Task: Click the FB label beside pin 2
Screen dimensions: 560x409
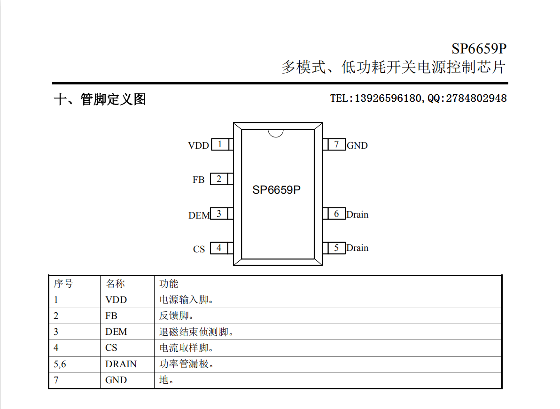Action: (x=199, y=180)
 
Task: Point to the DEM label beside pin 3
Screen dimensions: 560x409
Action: (x=199, y=215)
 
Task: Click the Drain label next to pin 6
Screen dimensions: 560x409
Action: (x=357, y=214)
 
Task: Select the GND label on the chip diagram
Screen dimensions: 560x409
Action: (x=357, y=145)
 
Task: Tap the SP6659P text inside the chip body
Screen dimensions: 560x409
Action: (x=276, y=189)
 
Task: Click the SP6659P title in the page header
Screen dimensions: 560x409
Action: (x=479, y=48)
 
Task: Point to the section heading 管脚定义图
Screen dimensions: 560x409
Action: (x=113, y=99)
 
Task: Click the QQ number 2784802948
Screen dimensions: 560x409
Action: (x=476, y=98)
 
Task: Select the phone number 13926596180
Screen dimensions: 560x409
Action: (x=388, y=98)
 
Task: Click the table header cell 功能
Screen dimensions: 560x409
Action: (x=169, y=283)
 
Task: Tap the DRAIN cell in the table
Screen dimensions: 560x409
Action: (x=121, y=364)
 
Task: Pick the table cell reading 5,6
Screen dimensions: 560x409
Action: (x=60, y=364)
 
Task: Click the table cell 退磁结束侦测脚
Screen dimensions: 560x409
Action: (x=194, y=332)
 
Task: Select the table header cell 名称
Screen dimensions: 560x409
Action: (x=115, y=283)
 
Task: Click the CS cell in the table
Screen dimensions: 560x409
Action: (x=111, y=348)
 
